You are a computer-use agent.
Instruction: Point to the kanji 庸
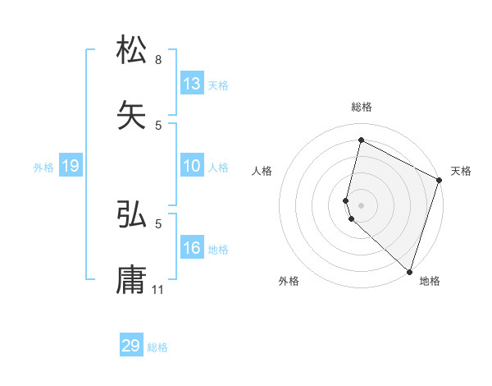[132, 279]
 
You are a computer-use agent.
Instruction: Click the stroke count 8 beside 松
[158, 60]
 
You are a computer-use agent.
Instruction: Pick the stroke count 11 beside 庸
[159, 289]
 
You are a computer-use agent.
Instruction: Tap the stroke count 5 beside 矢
[158, 125]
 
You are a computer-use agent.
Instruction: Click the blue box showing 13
[192, 84]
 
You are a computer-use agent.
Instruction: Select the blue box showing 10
[192, 167]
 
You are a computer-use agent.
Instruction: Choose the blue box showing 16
[192, 248]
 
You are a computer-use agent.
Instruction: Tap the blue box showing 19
[71, 167]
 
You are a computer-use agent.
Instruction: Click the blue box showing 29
[131, 346]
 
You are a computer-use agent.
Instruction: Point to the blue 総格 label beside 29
[158, 347]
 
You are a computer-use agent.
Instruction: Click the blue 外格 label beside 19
[43, 168]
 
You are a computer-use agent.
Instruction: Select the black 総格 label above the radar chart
[362, 107]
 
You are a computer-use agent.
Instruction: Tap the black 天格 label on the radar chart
[462, 171]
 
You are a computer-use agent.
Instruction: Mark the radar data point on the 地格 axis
[409, 271]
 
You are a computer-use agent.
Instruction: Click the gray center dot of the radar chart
[362, 204]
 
